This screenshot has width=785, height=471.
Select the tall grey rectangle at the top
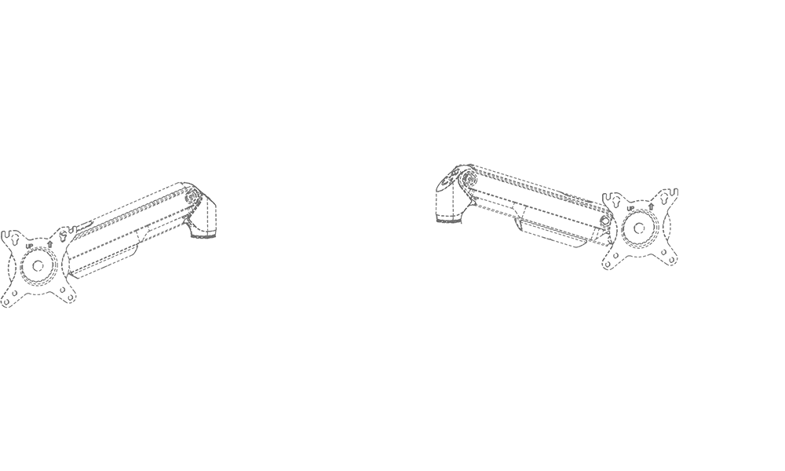[243, 102]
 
